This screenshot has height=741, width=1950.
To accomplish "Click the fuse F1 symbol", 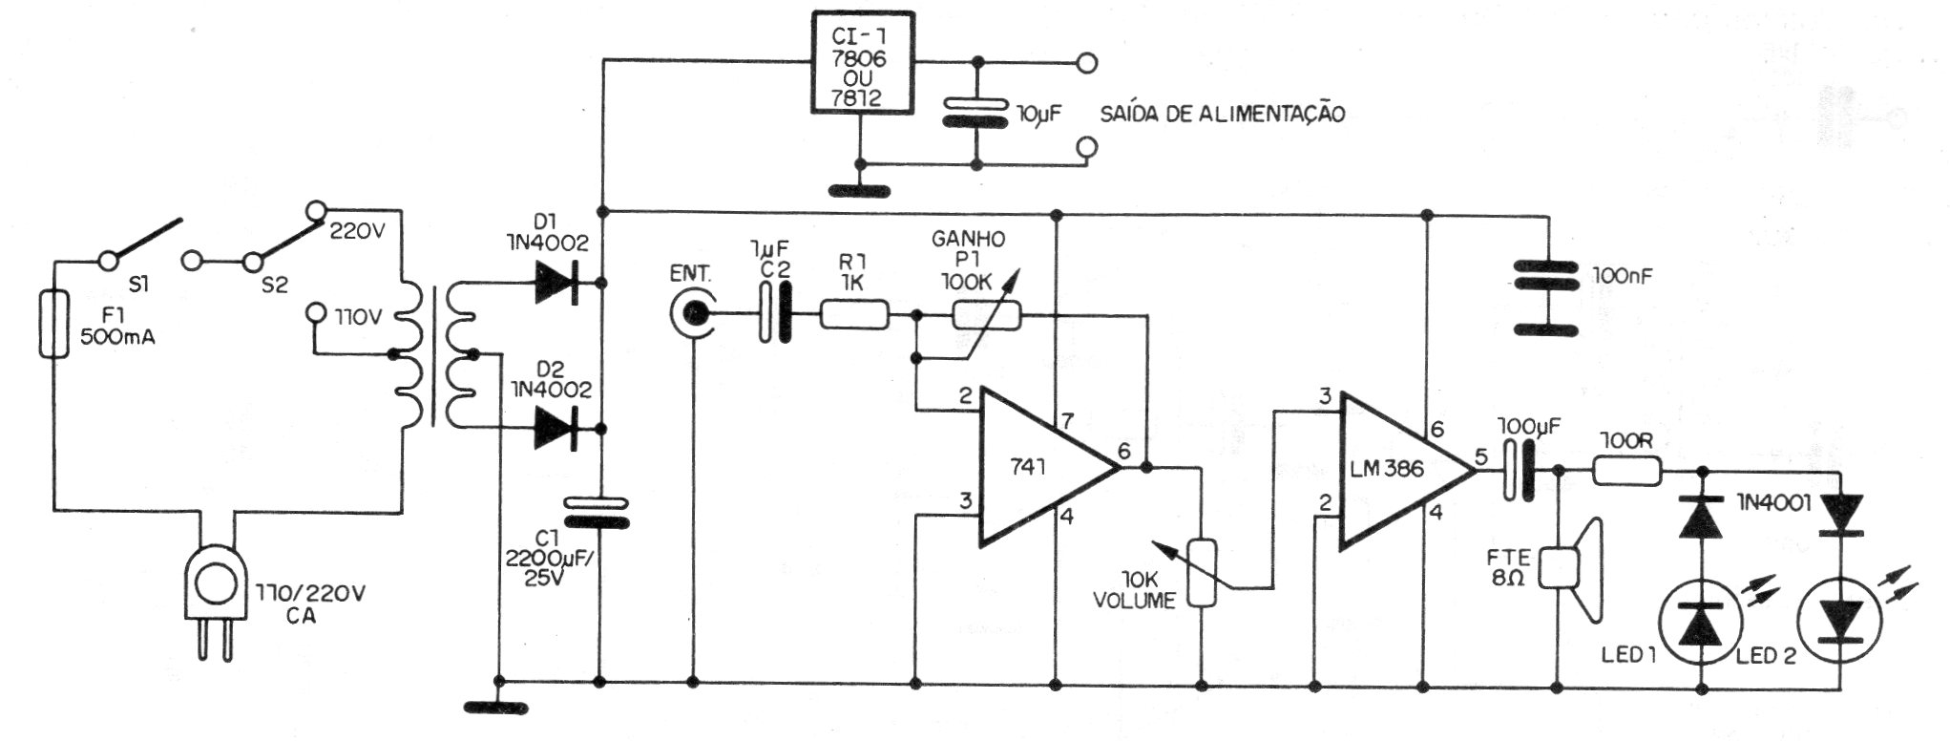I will pyautogui.click(x=58, y=324).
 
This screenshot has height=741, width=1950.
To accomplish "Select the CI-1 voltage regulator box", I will pyautogui.click(x=861, y=63).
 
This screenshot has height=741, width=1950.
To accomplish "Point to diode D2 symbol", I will pyautogui.click(x=559, y=427).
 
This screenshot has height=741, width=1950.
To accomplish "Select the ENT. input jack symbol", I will pyautogui.click(x=693, y=314).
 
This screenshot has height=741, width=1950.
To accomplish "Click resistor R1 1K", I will pyautogui.click(x=855, y=314).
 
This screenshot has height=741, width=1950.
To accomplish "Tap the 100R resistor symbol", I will pyautogui.click(x=1627, y=470).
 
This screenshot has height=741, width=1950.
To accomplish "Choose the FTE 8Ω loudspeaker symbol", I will pyautogui.click(x=1575, y=568).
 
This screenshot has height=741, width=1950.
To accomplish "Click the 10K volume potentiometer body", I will pyautogui.click(x=1203, y=573).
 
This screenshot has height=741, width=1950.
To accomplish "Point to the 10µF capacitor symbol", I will pyautogui.click(x=975, y=112).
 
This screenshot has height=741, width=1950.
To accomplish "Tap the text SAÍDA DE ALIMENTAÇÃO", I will pyautogui.click(x=1223, y=115).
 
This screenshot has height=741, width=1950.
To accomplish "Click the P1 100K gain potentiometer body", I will pyautogui.click(x=986, y=315).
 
